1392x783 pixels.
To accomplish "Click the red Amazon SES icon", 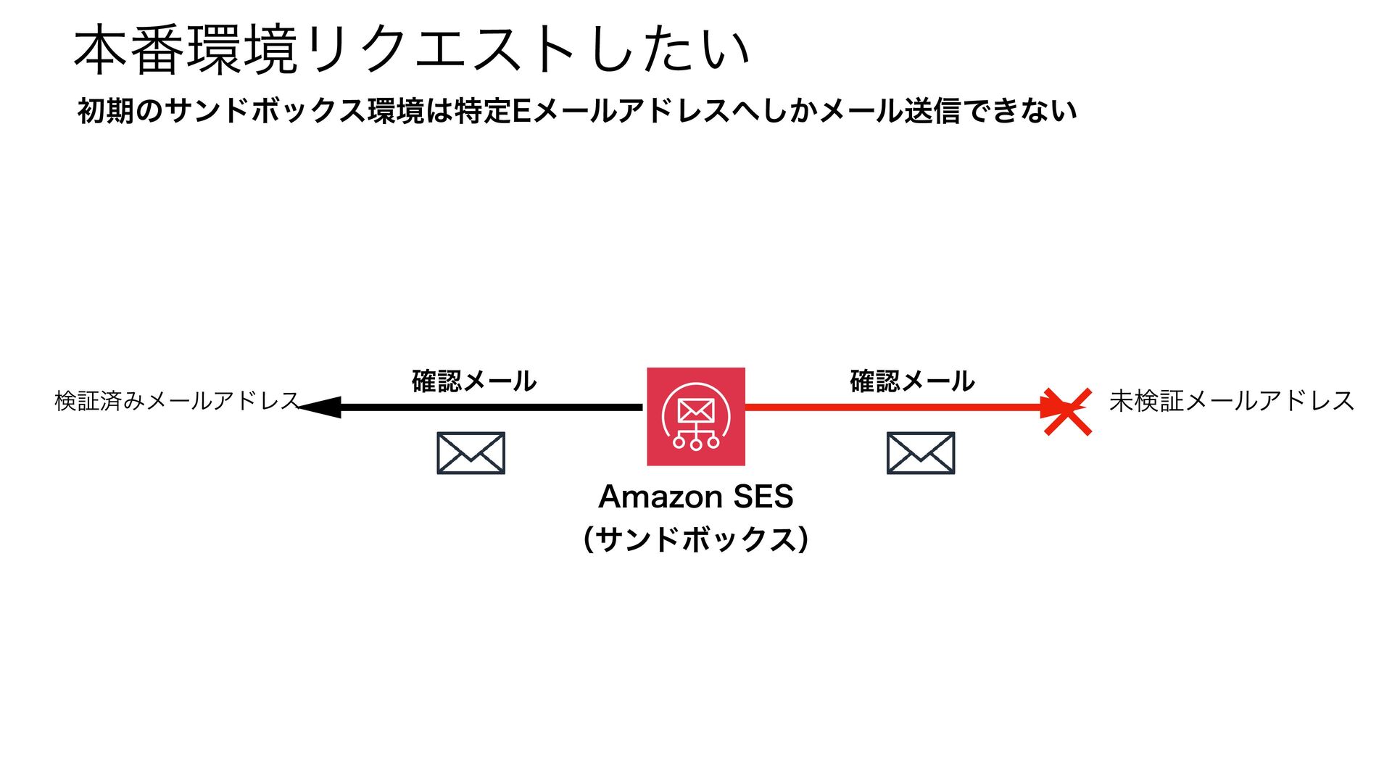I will pyautogui.click(x=695, y=416).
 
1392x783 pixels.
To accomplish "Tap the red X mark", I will pyautogui.click(x=1067, y=411).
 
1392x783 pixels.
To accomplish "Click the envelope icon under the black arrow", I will pyautogui.click(x=471, y=453).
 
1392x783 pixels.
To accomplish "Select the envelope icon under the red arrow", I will pyautogui.click(x=920, y=453).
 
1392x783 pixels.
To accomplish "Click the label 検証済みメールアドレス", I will pyautogui.click(x=177, y=400).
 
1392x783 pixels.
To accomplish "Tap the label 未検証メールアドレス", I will pyautogui.click(x=1231, y=400).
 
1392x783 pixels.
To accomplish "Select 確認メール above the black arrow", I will pyautogui.click(x=473, y=381).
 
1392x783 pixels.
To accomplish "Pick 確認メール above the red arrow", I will pyautogui.click(x=911, y=381).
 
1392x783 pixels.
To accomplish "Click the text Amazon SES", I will pyautogui.click(x=695, y=497).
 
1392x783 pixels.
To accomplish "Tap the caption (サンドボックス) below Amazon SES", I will pyautogui.click(x=695, y=539).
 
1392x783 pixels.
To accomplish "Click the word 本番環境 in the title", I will pyautogui.click(x=186, y=51).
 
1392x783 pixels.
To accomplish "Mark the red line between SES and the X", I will pyautogui.click(x=892, y=407).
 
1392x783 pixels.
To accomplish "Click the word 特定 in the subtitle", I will pyautogui.click(x=483, y=111).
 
